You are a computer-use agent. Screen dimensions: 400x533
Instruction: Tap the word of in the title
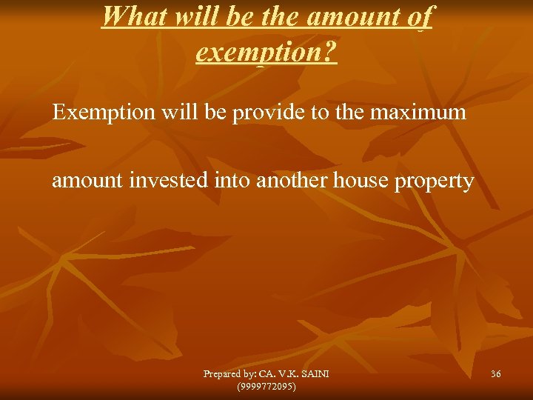[x=418, y=16]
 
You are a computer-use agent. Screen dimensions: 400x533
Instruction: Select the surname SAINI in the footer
[x=315, y=375]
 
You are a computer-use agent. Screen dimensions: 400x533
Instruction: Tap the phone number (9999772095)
[x=266, y=387]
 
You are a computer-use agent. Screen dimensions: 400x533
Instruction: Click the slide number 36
[x=495, y=375]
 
